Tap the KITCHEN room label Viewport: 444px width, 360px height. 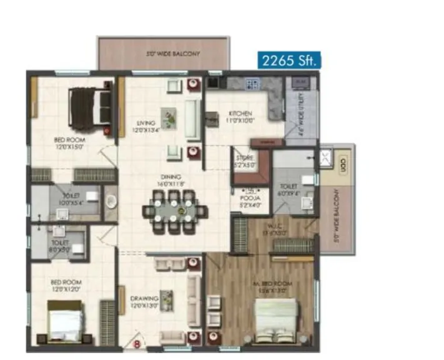[240, 117]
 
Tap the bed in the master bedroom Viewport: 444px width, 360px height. [275, 321]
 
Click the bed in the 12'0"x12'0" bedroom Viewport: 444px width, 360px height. [66, 323]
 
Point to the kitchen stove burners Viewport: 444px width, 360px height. [252, 83]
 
